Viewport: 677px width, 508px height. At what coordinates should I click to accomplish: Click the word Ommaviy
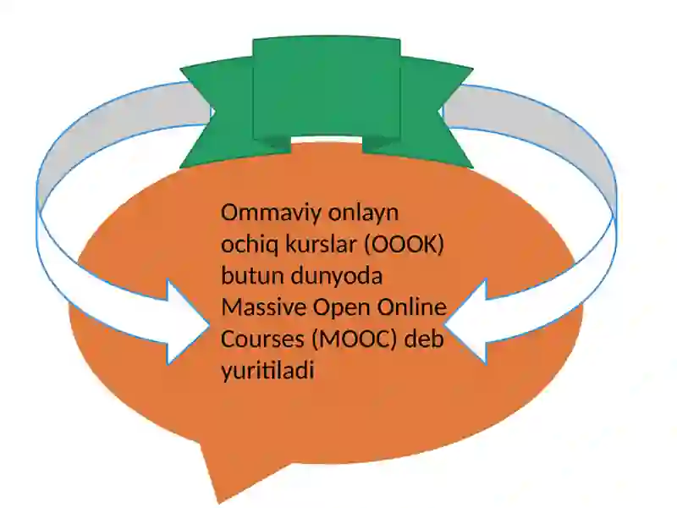271,213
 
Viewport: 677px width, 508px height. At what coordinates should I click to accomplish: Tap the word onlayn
364,213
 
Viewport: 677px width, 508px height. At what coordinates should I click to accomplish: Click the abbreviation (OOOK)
405,245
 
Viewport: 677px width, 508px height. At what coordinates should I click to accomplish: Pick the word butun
252,276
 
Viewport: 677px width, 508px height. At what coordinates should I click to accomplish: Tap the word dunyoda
337,277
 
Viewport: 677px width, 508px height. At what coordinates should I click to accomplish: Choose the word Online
412,307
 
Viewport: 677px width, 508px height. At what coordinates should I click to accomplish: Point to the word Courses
262,340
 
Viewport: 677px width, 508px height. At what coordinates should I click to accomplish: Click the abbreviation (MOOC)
354,340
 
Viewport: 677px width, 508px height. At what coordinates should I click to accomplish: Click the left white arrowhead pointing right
188,323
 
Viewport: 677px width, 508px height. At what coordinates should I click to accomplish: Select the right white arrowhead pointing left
465,322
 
